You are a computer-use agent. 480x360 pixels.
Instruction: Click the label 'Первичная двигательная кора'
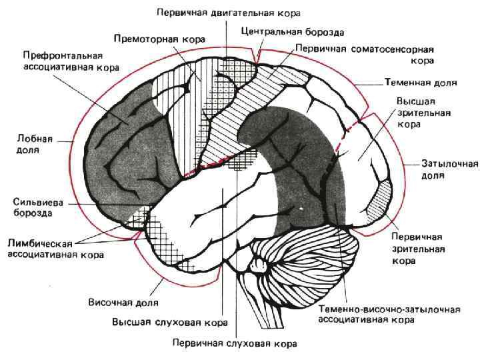tap(228, 13)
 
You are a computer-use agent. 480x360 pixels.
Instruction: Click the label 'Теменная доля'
tap(420, 84)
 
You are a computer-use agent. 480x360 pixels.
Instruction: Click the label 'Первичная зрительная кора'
tap(417, 249)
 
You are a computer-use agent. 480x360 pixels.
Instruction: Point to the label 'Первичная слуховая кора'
tap(233, 343)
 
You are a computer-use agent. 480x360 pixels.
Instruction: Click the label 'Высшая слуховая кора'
tap(170, 322)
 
